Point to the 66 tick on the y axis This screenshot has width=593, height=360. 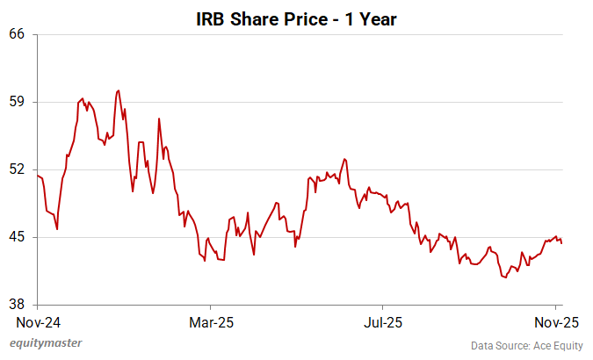click(x=18, y=34)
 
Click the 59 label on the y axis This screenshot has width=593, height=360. click(x=18, y=102)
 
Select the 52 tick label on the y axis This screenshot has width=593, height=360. click(x=18, y=169)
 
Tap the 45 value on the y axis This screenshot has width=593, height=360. click(x=18, y=237)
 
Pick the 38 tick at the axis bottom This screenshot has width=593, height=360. click(x=18, y=305)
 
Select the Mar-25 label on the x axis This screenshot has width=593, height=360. click(x=212, y=321)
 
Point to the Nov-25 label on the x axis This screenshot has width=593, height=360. click(x=557, y=321)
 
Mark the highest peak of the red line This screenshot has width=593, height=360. click(x=118, y=90)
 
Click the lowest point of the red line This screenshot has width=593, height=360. click(x=506, y=277)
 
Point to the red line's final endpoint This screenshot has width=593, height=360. click(x=561, y=243)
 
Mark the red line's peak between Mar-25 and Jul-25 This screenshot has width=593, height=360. click(x=345, y=159)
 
